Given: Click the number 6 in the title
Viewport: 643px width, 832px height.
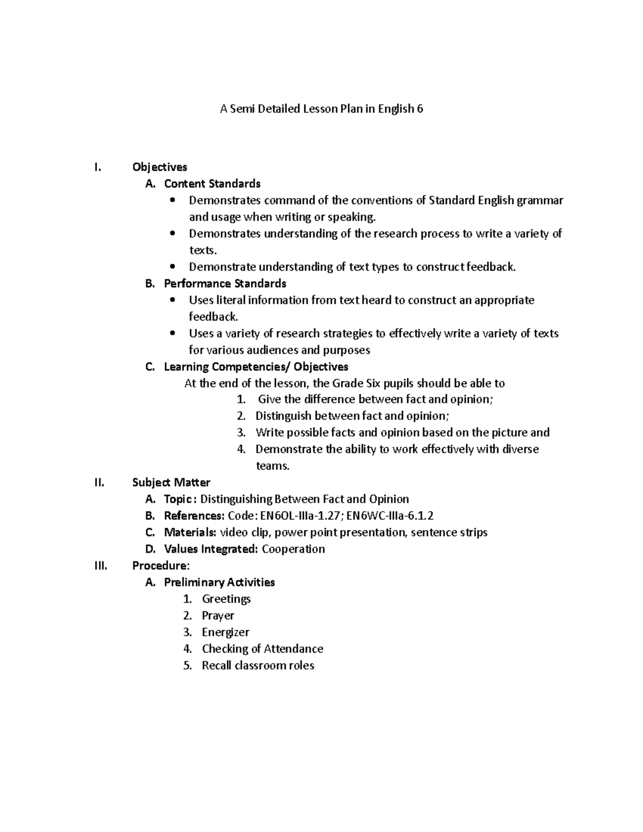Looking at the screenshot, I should [x=420, y=109].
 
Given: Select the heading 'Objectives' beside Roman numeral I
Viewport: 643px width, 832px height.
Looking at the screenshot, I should [x=160, y=167].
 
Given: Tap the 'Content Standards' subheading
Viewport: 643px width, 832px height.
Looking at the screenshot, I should [x=212, y=184].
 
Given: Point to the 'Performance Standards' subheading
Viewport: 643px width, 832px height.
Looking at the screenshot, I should [x=225, y=283].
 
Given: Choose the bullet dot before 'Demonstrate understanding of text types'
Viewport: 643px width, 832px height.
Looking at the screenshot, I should [x=172, y=267].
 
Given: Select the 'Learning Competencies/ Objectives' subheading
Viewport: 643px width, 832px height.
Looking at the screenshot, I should [x=256, y=366].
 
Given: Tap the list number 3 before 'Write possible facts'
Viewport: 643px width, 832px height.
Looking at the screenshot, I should [x=241, y=432].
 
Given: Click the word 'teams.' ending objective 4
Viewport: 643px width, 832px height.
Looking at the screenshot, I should [x=273, y=466].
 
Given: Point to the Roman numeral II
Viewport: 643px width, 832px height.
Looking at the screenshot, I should [x=99, y=482].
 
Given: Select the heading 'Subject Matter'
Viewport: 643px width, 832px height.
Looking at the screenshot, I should [x=171, y=482].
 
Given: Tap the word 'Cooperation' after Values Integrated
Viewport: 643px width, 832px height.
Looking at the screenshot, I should [x=293, y=549].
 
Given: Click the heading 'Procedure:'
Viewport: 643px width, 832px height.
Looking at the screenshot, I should [x=161, y=565].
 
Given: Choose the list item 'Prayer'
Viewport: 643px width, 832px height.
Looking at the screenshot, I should [x=218, y=616].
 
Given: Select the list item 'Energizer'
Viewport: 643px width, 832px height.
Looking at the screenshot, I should [x=226, y=632].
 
